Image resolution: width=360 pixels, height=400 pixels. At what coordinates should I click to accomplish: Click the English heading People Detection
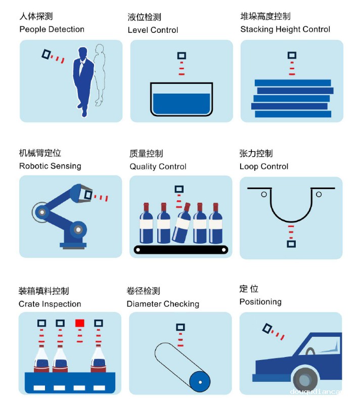(x=52, y=29)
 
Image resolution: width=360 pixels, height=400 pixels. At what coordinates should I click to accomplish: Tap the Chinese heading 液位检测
(x=145, y=17)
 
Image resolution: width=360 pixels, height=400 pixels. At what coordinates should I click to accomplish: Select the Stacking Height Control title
(x=285, y=29)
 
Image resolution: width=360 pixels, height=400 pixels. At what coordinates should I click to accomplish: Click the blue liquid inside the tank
(x=182, y=103)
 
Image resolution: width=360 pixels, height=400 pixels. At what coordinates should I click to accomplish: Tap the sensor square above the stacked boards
(x=292, y=55)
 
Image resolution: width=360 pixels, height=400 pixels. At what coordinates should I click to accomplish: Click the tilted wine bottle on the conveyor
(x=182, y=223)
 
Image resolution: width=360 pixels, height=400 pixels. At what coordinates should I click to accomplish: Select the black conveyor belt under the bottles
(x=181, y=250)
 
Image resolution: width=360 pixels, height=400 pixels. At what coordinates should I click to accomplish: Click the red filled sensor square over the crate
(x=79, y=323)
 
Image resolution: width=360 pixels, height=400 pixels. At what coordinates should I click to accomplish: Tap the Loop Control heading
(x=264, y=166)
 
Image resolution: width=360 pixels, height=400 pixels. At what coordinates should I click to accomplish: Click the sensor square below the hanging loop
(x=291, y=244)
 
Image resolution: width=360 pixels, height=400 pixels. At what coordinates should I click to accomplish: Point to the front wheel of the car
(x=306, y=379)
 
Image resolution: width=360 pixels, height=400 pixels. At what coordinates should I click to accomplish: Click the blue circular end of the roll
(x=200, y=382)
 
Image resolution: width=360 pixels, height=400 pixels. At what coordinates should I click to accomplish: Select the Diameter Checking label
(x=163, y=304)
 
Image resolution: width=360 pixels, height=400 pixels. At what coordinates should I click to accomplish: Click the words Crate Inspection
(x=50, y=304)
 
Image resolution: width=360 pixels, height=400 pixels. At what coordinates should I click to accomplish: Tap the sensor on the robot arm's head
(x=88, y=195)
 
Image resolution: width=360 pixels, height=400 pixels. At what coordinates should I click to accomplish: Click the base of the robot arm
(x=73, y=246)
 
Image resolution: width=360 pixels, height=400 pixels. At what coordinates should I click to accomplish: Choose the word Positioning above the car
(x=260, y=302)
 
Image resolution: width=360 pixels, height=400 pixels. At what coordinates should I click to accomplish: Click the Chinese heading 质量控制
(x=146, y=154)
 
